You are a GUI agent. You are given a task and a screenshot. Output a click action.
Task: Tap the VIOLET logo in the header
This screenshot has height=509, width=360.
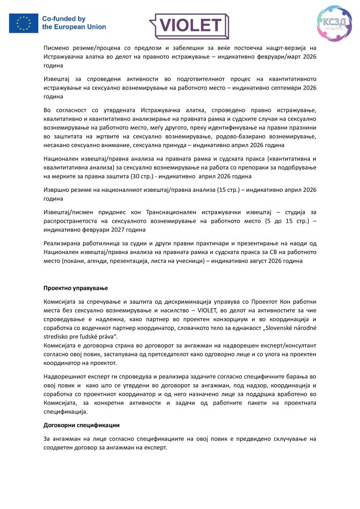189,25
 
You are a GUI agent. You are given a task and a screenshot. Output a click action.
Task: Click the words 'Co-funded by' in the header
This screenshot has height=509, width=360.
64,19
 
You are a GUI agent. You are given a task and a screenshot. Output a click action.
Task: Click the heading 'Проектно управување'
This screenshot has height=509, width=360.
76,288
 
